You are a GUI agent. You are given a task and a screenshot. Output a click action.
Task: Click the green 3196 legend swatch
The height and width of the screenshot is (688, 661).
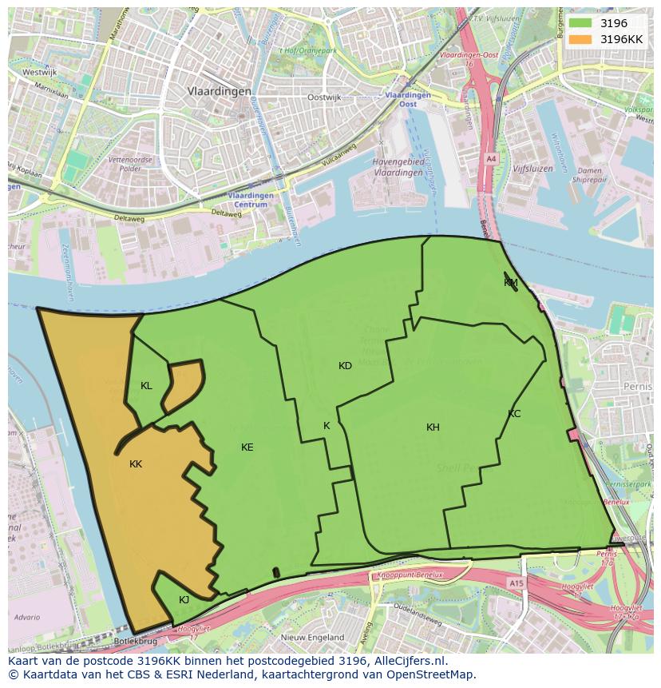(x=581, y=23)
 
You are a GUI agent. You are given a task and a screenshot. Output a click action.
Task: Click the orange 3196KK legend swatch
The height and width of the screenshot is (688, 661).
(x=581, y=39)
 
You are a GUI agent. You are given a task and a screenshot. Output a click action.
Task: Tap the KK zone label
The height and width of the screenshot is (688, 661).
(x=136, y=463)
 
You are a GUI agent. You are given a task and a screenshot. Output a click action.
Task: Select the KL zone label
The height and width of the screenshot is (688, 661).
(x=146, y=386)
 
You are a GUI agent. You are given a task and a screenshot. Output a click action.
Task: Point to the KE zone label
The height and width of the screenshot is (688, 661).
(x=247, y=447)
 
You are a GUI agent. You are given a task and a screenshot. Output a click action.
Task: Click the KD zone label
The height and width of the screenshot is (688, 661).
(x=345, y=366)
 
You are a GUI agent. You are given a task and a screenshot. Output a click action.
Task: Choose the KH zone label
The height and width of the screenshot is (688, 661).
(x=433, y=428)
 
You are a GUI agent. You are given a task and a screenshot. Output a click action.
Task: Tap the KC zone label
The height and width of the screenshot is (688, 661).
(x=514, y=414)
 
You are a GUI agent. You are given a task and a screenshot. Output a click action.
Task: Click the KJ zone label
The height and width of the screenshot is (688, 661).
(x=184, y=600)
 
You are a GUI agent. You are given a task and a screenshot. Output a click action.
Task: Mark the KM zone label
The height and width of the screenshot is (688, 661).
(x=511, y=283)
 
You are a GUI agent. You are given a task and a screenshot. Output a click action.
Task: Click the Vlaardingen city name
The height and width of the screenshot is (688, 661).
(x=220, y=91)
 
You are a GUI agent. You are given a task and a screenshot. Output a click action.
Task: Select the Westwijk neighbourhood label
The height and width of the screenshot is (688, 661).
(x=39, y=71)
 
